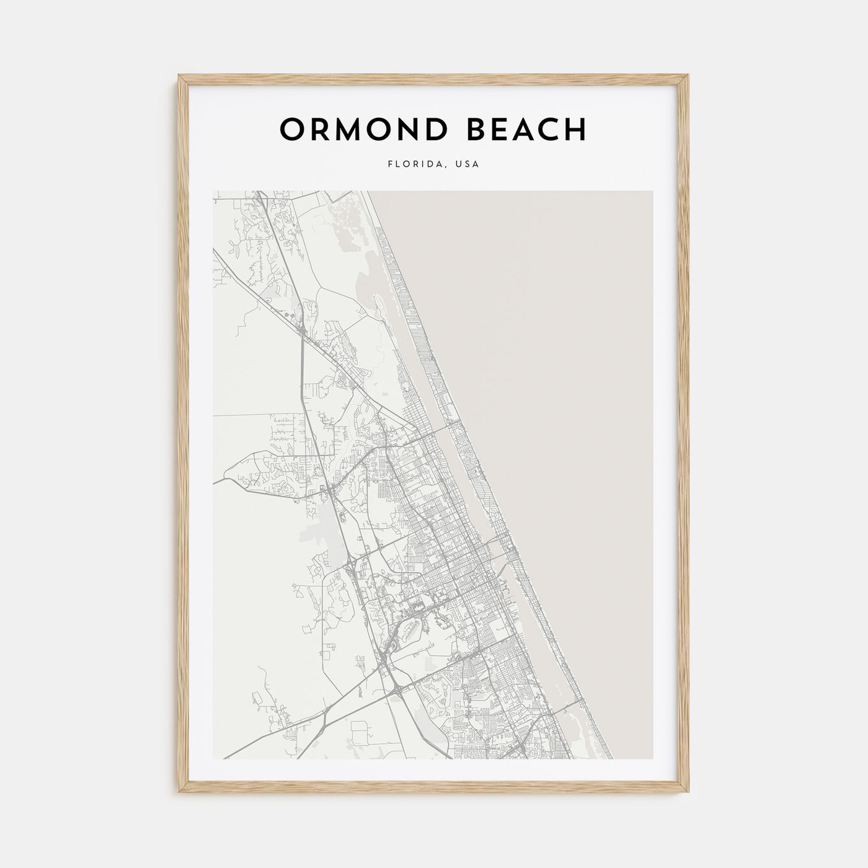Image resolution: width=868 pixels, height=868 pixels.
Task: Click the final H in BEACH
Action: click(x=575, y=130)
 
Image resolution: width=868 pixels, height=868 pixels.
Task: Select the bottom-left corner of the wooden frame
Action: click(x=179, y=793)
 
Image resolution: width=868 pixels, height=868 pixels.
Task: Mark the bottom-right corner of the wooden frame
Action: click(x=688, y=793)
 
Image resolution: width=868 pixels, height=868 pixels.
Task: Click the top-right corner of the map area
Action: click(x=652, y=191)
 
